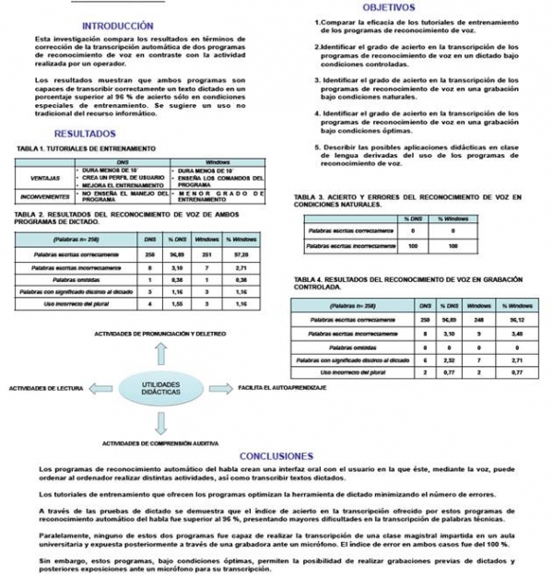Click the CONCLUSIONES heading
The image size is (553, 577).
(x=276, y=455)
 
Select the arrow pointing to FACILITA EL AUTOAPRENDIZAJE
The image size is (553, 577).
(x=214, y=389)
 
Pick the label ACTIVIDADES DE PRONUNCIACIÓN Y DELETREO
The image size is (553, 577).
(x=159, y=332)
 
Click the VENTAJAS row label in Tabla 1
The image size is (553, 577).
(x=45, y=177)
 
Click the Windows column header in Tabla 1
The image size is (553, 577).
(x=218, y=161)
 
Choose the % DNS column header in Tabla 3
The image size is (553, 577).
(x=412, y=218)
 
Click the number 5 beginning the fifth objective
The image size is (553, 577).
(x=316, y=147)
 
